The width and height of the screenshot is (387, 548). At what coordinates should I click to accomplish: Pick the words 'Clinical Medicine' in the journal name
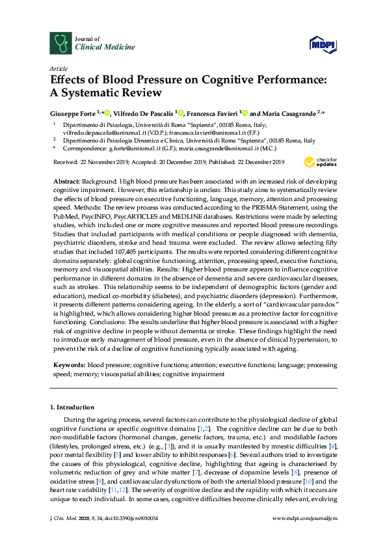click(97, 48)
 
